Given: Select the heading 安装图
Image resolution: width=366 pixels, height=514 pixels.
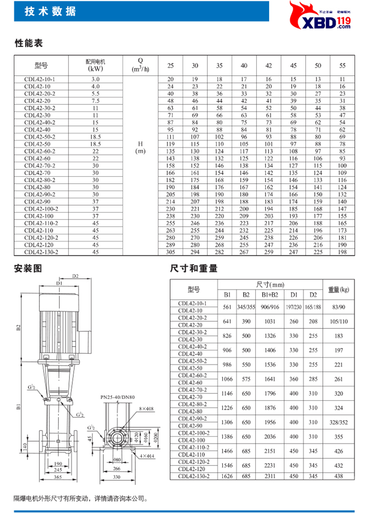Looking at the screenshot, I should pyautogui.click(x=29, y=268).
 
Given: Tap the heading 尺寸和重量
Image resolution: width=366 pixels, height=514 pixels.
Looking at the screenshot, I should pyautogui.click(x=194, y=268).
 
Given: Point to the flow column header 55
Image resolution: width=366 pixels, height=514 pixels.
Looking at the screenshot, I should pyautogui.click(x=342, y=65).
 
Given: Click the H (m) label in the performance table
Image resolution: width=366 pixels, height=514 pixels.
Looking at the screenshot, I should pyautogui.click(x=140, y=148).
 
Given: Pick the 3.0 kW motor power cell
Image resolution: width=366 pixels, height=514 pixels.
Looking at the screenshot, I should pyautogui.click(x=95, y=79).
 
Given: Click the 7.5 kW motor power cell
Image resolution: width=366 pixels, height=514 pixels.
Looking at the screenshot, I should pyautogui.click(x=95, y=100).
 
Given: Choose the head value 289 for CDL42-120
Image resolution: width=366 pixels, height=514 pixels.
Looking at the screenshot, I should pyautogui.click(x=170, y=244).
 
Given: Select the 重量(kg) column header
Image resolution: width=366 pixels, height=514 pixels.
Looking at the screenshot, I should pyautogui.click(x=339, y=289).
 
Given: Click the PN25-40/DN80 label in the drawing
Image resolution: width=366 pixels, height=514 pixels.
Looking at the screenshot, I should pyautogui.click(x=117, y=398).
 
